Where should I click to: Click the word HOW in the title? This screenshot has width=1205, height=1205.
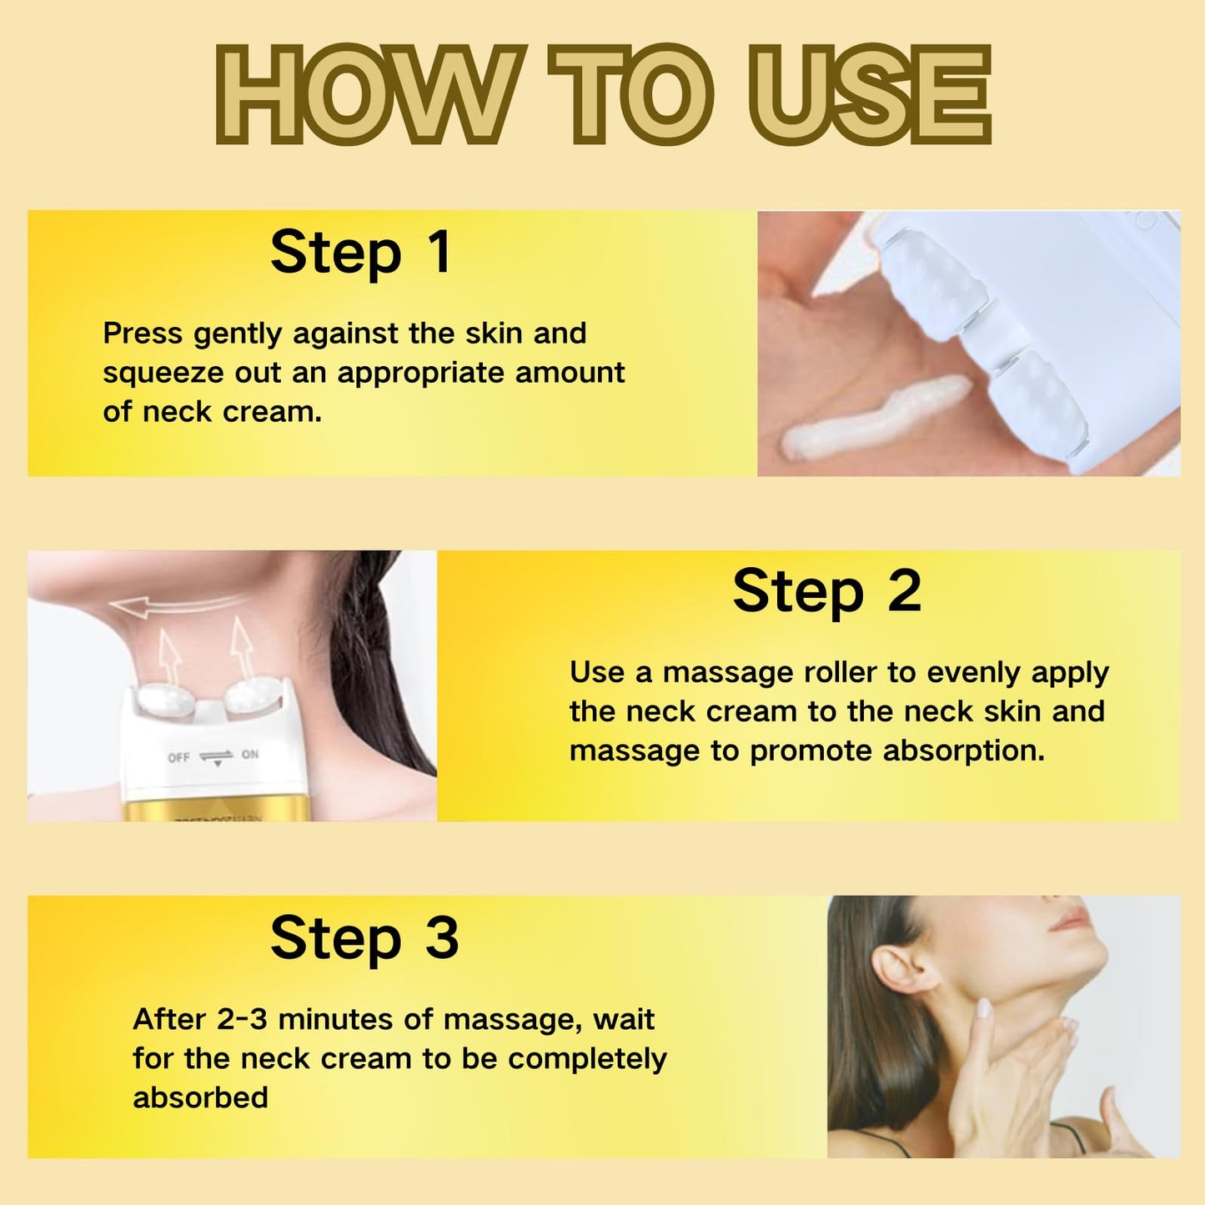coord(367,95)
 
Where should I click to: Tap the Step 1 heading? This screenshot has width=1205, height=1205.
coord(361,254)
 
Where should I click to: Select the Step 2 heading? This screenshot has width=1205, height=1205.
coord(826,592)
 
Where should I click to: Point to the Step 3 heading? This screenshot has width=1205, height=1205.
coord(364,939)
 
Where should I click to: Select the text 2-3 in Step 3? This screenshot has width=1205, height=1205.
coord(242,1019)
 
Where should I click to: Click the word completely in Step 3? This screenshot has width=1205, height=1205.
coord(587,1059)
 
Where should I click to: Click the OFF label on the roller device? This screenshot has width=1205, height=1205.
coord(178,757)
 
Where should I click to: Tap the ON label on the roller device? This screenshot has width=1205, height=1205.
coord(249,754)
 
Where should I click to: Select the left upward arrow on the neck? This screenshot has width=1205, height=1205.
coord(167,656)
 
